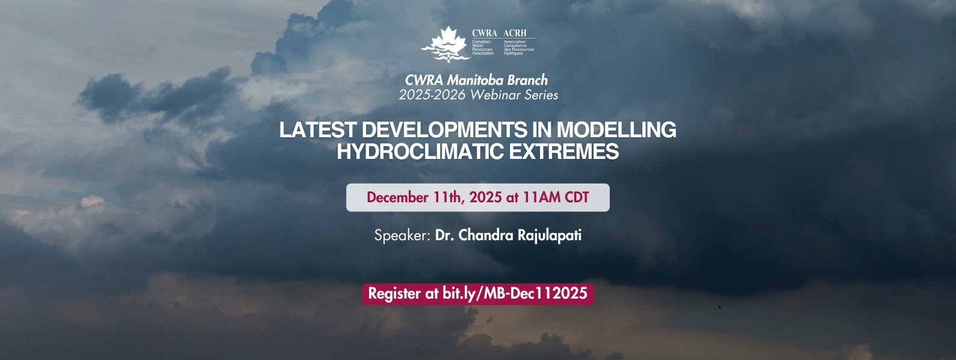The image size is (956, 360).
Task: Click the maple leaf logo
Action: (x=446, y=45)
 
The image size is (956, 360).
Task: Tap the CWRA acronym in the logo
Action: (x=485, y=33)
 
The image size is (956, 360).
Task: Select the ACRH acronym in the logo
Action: (x=515, y=33)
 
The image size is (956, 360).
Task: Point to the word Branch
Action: (x=527, y=80)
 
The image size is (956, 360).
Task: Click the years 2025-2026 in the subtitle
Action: (x=432, y=95)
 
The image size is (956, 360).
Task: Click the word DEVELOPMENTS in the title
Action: (x=444, y=129)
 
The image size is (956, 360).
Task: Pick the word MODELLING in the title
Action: (x=616, y=129)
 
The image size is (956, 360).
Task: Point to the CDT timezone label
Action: (x=577, y=197)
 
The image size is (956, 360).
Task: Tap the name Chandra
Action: (x=486, y=235)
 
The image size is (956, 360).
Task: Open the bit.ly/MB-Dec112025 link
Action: (x=515, y=294)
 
